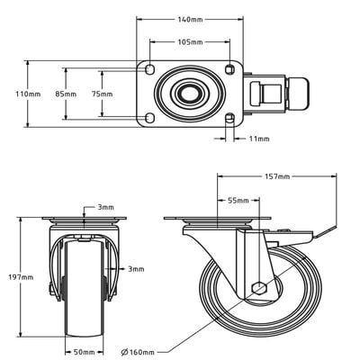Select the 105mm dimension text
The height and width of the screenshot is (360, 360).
click(188, 42)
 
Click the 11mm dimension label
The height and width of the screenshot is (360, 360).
click(257, 139)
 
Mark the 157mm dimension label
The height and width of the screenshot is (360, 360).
click(277, 177)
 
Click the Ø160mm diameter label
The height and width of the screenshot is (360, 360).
click(139, 351)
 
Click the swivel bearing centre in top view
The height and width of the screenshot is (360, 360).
click(188, 94)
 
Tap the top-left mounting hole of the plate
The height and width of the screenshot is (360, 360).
click(149, 70)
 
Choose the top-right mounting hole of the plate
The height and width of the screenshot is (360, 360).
click(228, 70)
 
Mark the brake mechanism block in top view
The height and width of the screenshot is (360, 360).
click(268, 94)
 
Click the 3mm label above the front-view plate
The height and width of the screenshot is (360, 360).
click(105, 208)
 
